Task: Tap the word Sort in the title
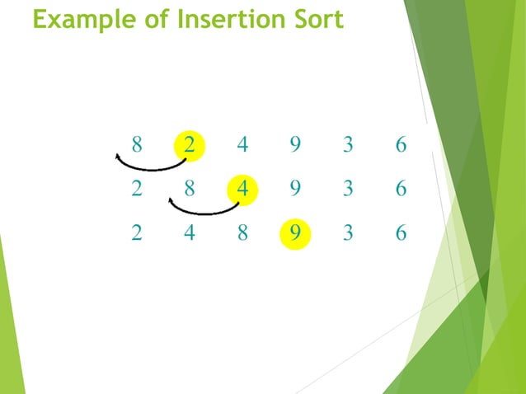[317, 19]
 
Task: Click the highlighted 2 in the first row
[190, 146]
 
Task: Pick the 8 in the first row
[137, 146]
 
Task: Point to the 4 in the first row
[242, 146]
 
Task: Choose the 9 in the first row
[295, 146]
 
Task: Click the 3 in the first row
[348, 146]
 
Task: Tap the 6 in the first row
[401, 146]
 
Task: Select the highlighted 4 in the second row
[242, 189]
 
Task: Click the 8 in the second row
[190, 189]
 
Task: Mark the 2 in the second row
[137, 189]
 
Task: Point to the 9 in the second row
[295, 189]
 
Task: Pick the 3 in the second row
[348, 189]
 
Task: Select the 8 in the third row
[242, 233]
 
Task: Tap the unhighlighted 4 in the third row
[190, 233]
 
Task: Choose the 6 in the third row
[401, 233]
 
